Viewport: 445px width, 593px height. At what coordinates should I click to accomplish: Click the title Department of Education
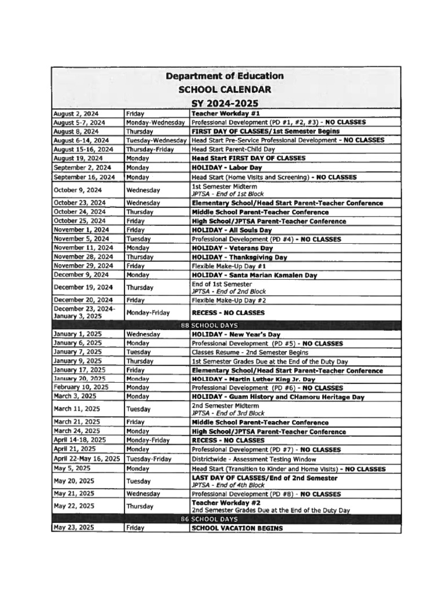click(x=225, y=76)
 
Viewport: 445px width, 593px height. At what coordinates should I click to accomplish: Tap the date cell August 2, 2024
click(x=76, y=114)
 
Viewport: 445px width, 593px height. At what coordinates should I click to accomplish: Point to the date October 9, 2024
click(x=78, y=189)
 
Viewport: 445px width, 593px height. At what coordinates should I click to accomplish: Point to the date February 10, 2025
click(x=81, y=387)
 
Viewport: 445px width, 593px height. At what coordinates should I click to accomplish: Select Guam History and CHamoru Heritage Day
click(x=278, y=397)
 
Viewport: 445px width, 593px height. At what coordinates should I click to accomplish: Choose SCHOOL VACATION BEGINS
click(x=238, y=528)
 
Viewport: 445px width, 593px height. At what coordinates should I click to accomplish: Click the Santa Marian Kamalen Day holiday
click(x=254, y=275)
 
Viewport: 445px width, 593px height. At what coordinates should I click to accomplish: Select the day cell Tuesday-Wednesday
click(x=156, y=140)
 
